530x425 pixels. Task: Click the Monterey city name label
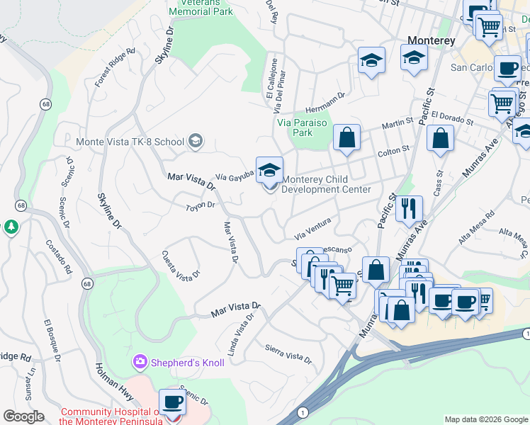pos(431,40)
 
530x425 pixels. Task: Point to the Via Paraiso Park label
pos(303,127)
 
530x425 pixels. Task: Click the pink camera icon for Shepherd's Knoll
pos(140,363)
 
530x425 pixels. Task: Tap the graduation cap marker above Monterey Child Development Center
pos(269,170)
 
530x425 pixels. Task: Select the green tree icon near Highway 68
pos(11,227)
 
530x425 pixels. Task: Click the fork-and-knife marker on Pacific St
pos(409,208)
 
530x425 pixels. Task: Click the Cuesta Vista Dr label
pos(181,265)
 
